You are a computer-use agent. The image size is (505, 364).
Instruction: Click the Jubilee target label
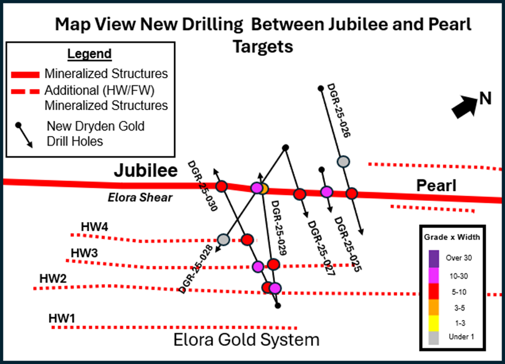click(146, 171)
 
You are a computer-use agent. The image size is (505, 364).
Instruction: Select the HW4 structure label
click(94, 227)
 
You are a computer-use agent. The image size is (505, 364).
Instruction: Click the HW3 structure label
click(84, 252)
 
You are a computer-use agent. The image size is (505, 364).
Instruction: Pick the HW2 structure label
click(53, 279)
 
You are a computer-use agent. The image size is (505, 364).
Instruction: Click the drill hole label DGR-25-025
click(348, 244)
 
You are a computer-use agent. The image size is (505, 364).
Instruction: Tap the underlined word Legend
click(89, 54)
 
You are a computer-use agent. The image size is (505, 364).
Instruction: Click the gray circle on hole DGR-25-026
click(343, 161)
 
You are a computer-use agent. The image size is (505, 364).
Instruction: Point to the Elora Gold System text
click(246, 340)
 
